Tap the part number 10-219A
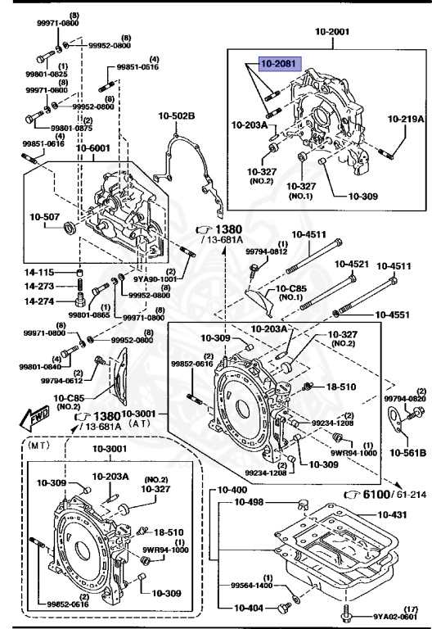[x=406, y=119]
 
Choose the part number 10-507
[x=45, y=217]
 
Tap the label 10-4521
[x=352, y=265]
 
